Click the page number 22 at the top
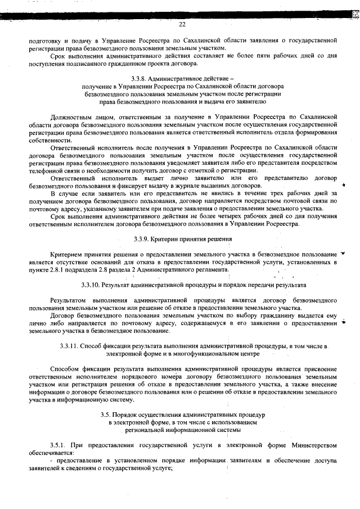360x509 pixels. (182, 24)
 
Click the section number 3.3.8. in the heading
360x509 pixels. (139, 78)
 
